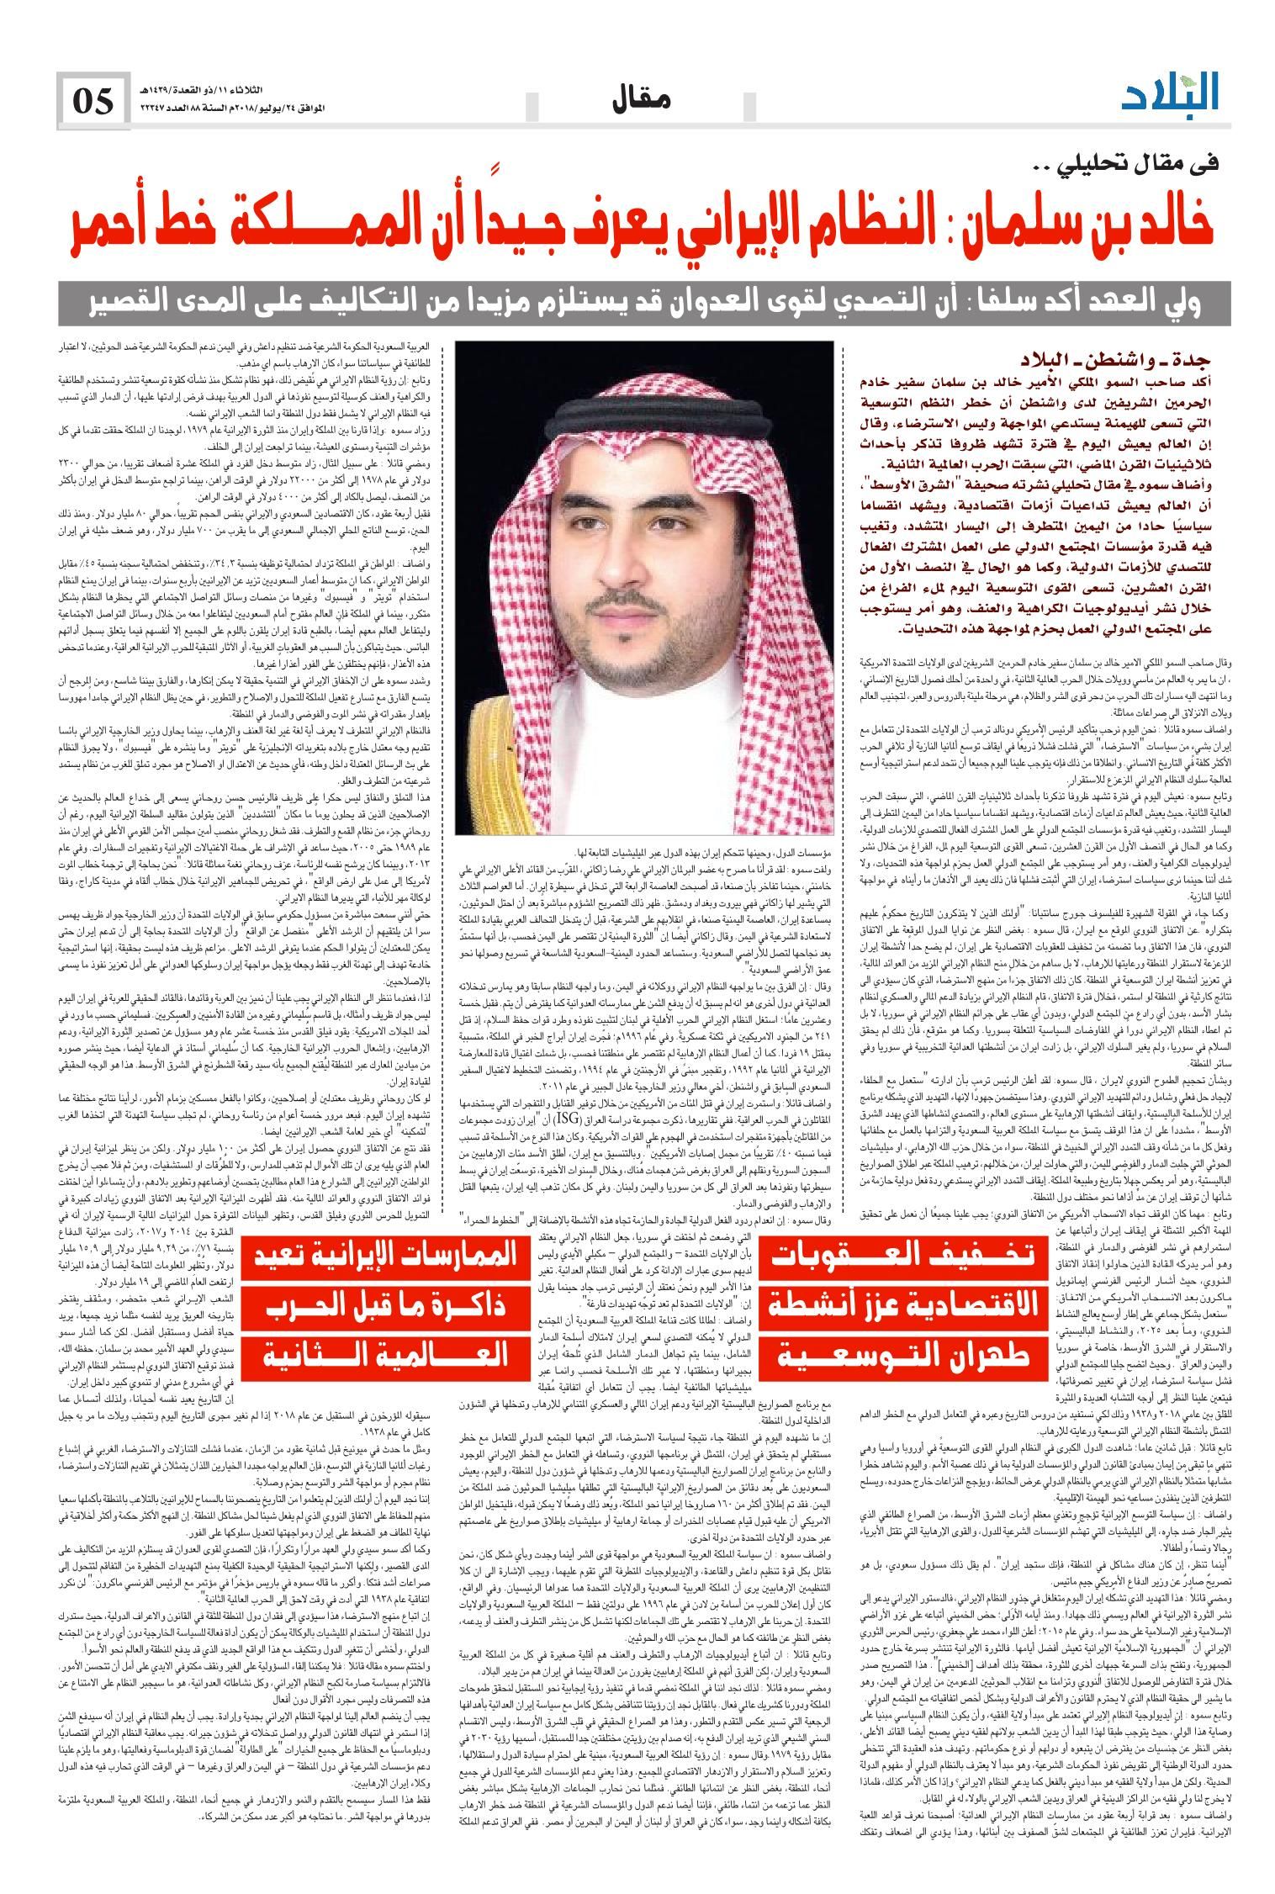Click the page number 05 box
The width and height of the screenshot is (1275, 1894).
93,102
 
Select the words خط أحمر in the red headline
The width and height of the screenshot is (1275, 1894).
142,225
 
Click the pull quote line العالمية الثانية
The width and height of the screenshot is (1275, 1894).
383,1355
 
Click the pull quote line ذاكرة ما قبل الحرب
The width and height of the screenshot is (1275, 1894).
383,1307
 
